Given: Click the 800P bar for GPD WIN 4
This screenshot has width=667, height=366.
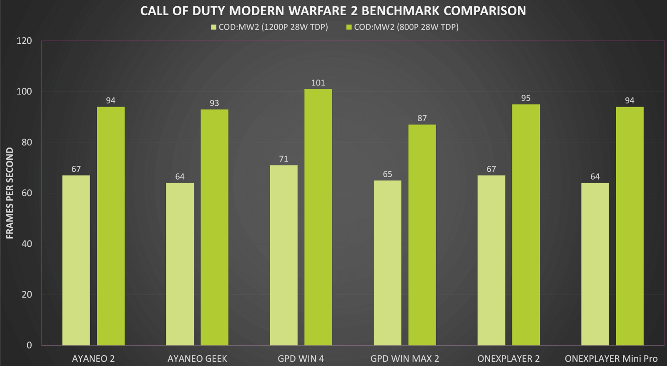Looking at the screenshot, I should click(318, 217).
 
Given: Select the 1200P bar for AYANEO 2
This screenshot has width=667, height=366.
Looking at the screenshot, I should click(76, 260).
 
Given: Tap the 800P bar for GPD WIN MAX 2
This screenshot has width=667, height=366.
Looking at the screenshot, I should click(422, 235).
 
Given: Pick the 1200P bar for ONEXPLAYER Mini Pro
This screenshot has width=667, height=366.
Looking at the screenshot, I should click(595, 264).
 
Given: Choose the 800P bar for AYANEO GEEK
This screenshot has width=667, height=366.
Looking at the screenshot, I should click(214, 227).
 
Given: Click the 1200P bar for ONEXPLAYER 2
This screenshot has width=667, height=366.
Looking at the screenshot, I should click(491, 260).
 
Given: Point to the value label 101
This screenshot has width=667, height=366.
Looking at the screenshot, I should click(318, 83).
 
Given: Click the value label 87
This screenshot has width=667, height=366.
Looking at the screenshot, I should click(422, 118).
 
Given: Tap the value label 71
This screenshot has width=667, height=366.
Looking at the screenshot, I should click(283, 159).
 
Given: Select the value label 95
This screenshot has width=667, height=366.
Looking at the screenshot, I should click(526, 98).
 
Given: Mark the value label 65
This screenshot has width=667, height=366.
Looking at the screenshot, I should click(387, 174).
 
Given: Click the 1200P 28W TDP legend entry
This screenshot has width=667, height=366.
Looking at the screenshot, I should click(270, 27).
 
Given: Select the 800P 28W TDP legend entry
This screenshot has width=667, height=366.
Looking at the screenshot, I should click(403, 27).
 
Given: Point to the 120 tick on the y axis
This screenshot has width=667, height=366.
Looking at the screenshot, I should click(24, 41).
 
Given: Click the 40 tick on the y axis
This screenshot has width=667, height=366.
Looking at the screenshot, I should click(27, 244).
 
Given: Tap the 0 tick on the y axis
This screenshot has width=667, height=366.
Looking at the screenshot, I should click(29, 345).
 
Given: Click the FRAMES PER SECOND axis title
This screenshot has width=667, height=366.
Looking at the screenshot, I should click(10, 193).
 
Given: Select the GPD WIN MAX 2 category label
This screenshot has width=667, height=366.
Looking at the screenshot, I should click(404, 358).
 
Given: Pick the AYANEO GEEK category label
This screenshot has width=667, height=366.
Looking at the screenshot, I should click(197, 358).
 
